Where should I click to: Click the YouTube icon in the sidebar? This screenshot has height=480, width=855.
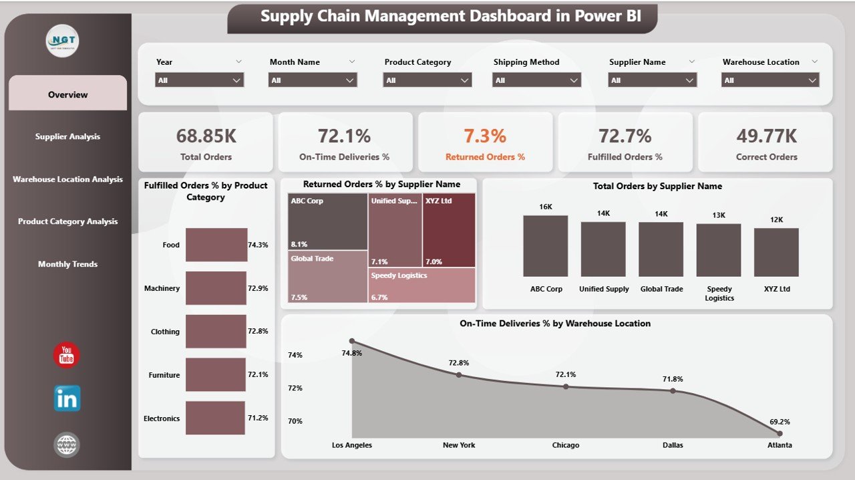click(x=67, y=355)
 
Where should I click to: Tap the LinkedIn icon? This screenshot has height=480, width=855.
click(x=67, y=398)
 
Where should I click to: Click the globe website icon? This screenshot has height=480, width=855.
click(x=67, y=445)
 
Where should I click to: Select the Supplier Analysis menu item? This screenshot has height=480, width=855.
click(x=67, y=136)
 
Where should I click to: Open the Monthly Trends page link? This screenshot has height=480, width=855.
click(x=67, y=264)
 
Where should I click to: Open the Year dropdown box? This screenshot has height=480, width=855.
click(x=199, y=80)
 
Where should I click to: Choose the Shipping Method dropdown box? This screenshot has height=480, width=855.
click(x=536, y=80)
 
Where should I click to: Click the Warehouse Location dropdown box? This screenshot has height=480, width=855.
click(x=770, y=80)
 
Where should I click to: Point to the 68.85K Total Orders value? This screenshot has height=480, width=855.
click(x=206, y=136)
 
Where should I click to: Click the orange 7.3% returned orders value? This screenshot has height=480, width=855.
click(x=485, y=136)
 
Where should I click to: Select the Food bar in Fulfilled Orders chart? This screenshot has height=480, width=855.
click(x=216, y=245)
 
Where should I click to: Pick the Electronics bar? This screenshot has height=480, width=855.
click(x=214, y=418)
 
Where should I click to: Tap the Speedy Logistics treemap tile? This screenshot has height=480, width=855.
click(x=421, y=285)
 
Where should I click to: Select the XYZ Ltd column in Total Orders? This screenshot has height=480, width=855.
click(x=776, y=252)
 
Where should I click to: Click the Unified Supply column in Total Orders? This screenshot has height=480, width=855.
click(x=603, y=249)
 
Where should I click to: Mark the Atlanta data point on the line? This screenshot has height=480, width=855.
click(x=780, y=434)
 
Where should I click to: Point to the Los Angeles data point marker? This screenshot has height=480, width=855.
click(x=352, y=341)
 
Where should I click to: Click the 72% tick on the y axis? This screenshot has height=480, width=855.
click(x=295, y=388)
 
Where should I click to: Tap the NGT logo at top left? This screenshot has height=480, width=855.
click(x=62, y=41)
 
